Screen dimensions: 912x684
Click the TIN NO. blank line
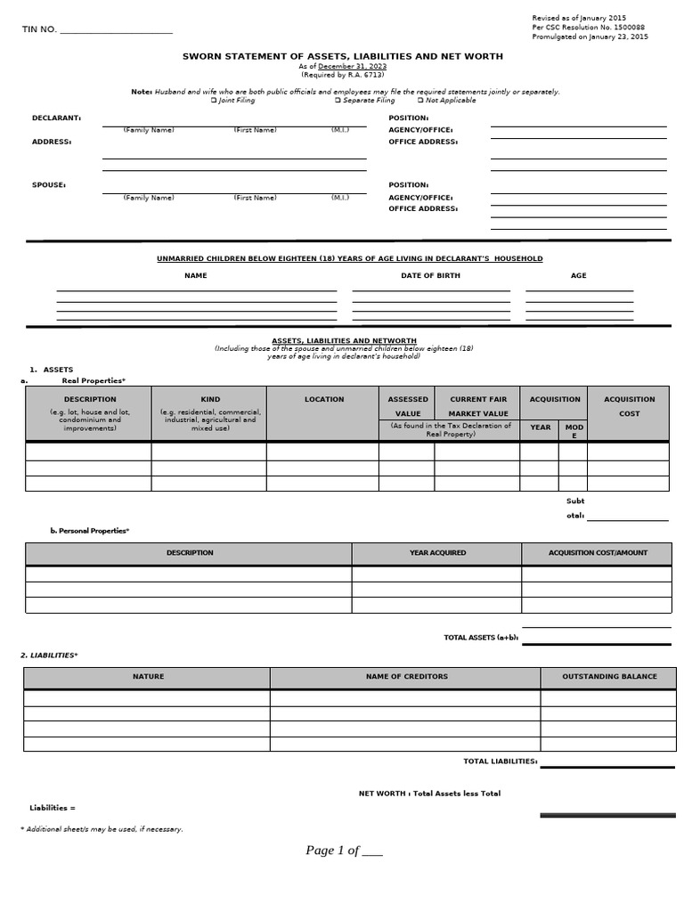[116, 32]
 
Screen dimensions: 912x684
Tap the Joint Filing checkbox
[214, 101]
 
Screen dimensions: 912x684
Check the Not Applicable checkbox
[420, 101]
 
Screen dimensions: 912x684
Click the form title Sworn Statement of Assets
[342, 56]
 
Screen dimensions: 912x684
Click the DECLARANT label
[56, 118]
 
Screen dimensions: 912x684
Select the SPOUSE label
[49, 185]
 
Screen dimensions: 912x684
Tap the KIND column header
[210, 400]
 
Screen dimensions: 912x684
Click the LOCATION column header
[323, 400]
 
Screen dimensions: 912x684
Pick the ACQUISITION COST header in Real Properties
[629, 406]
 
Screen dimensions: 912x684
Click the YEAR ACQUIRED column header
[437, 553]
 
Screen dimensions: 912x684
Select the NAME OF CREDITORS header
[406, 677]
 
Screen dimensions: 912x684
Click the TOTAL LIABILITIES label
[500, 761]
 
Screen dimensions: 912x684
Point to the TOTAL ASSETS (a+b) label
[481, 638]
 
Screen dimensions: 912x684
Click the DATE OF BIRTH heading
[430, 276]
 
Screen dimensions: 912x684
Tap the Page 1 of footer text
[344, 851]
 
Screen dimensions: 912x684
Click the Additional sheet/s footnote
[102, 829]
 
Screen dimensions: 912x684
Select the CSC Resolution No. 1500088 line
[588, 28]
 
